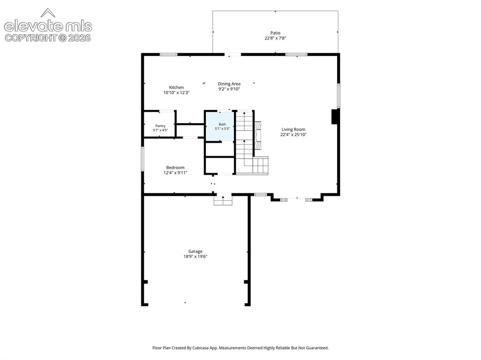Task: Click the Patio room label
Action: coord(275,33)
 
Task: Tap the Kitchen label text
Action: coord(177,87)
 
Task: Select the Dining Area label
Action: coord(229,84)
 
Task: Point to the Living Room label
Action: coord(293,130)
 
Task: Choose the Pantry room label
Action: coord(161,126)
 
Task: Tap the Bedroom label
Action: coord(176,168)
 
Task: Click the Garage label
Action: coord(195,252)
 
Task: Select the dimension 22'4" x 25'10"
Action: coord(294,135)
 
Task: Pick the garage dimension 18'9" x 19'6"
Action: coord(195,257)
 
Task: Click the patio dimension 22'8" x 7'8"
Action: coord(275,38)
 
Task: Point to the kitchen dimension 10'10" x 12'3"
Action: coord(177,92)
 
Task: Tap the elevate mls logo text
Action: coord(48,26)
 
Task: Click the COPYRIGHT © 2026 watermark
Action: coord(48,38)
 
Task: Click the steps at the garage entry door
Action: coord(223,200)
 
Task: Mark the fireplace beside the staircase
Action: coord(258,135)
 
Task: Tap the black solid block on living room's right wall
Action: coord(334,117)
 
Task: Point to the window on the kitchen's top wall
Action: coord(169,54)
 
